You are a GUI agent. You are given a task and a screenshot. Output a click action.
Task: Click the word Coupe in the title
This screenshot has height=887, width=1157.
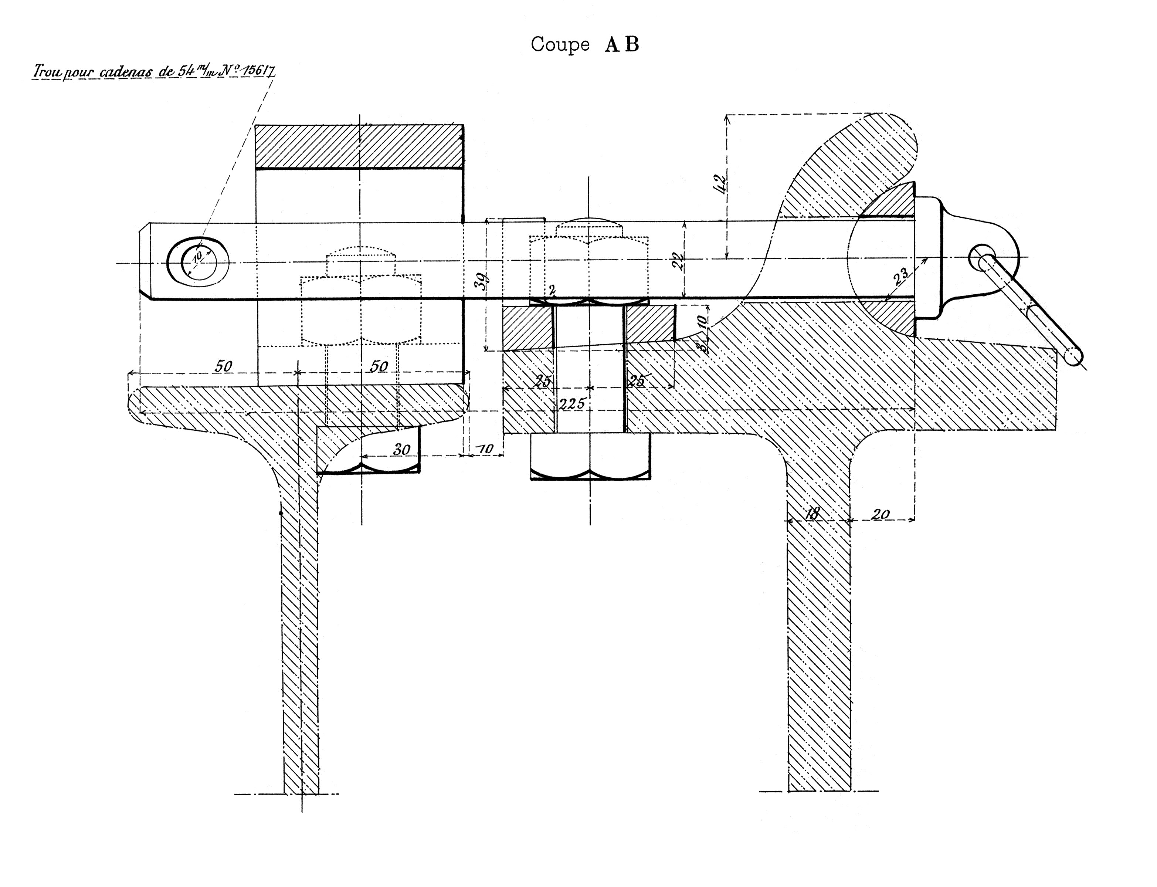point(560,44)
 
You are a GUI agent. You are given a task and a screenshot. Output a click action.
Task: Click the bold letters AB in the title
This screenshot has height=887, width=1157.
point(621,44)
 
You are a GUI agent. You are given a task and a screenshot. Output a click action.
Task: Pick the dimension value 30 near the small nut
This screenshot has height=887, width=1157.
point(402,449)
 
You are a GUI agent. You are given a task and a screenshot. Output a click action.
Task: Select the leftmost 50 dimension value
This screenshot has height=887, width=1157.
point(223,366)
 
